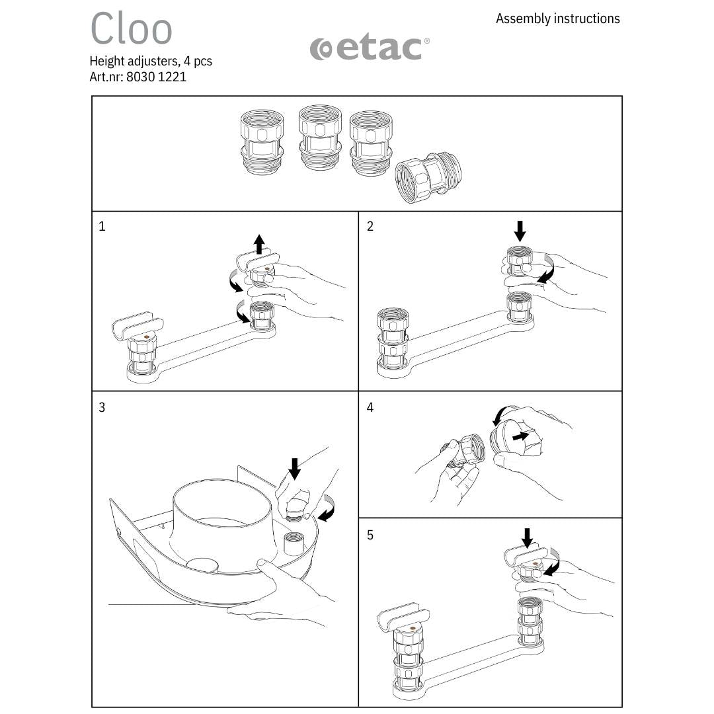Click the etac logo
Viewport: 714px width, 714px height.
pos(370,49)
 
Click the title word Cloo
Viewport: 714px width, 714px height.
pos(131,28)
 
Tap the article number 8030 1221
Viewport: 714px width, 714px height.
pos(156,77)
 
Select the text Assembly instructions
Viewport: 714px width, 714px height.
pos(558,19)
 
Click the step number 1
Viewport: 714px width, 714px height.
pos(102,226)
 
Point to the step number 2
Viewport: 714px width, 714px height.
pos(370,226)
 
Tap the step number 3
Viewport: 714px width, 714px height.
pos(102,407)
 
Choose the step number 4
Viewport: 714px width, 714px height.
pos(370,407)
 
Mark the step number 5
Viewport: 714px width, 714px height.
pos(370,535)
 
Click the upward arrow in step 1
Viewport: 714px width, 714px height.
pos(259,244)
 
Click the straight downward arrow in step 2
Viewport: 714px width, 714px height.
pos(520,231)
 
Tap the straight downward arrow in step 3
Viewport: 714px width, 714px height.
pos(295,469)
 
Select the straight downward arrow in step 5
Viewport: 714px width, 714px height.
pos(527,538)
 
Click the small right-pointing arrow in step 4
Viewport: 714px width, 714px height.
pos(521,436)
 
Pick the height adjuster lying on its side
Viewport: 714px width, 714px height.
pos(428,178)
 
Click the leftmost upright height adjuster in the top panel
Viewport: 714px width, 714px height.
pos(262,142)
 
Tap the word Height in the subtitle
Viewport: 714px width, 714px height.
pos(107,61)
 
